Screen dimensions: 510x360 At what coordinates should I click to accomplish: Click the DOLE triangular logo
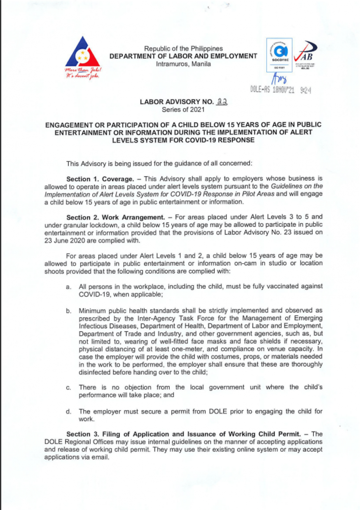(83, 52)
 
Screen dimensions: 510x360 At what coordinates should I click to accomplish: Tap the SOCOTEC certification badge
(279, 55)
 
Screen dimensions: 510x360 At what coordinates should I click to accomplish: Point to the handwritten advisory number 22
(222, 102)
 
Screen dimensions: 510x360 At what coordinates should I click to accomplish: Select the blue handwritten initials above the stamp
(279, 79)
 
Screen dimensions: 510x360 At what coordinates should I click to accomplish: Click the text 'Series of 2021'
(183, 110)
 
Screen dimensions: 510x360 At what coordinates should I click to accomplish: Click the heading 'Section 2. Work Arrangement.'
(116, 217)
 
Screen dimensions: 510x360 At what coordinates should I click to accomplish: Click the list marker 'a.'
(68, 287)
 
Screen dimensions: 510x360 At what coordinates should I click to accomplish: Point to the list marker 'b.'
(68, 311)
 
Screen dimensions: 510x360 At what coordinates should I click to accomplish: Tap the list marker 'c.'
(68, 388)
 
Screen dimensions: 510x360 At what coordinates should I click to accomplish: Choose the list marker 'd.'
(68, 412)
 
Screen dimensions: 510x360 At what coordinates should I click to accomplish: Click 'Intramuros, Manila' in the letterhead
(183, 64)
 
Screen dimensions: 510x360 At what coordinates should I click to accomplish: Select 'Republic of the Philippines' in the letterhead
(183, 48)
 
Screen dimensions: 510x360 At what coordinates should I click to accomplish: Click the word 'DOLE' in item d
(218, 412)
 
